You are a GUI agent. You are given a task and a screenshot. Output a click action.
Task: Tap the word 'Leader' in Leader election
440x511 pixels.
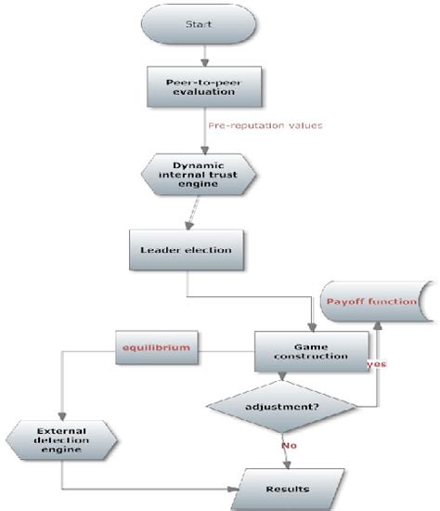pos(161,250)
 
